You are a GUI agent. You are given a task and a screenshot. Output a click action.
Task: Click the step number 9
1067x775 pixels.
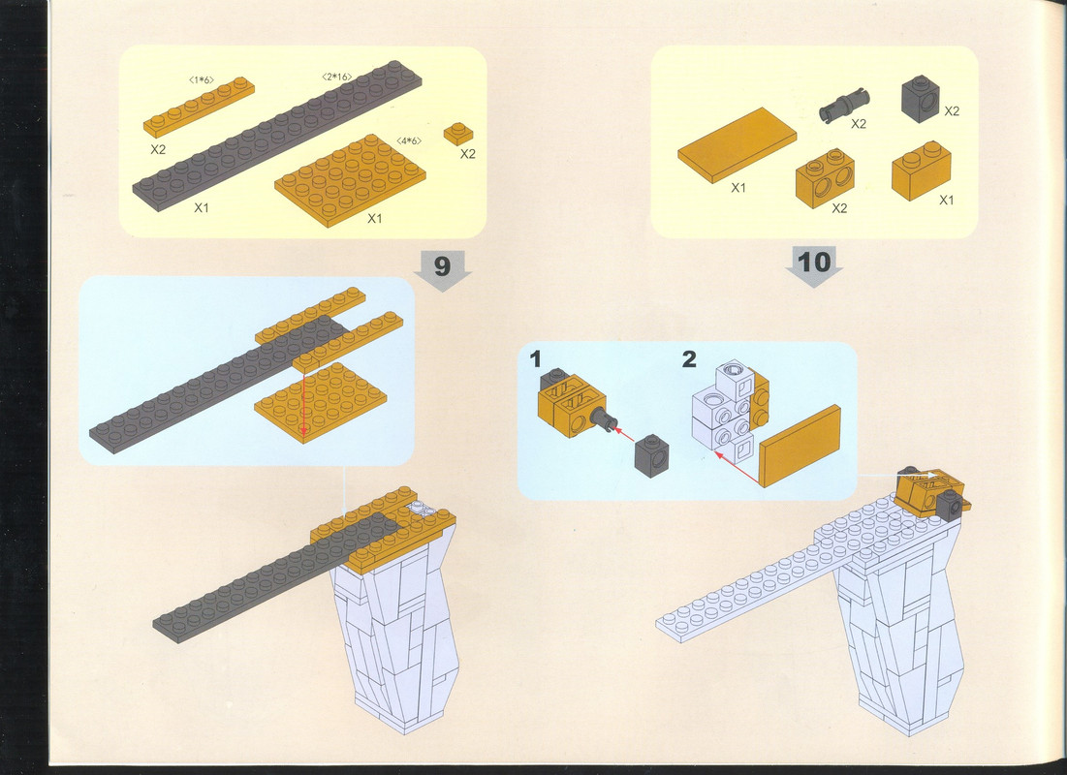pos(442,265)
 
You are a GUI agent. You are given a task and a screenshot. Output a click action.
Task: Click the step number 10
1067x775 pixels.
pos(814,262)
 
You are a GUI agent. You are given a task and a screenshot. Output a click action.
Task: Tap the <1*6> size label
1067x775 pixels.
pos(202,80)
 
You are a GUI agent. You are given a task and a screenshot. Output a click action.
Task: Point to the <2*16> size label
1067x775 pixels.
pos(337,77)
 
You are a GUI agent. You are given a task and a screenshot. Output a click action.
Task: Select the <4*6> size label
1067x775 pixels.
pos(409,140)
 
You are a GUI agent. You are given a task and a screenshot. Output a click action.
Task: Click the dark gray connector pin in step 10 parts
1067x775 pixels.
pos(844,106)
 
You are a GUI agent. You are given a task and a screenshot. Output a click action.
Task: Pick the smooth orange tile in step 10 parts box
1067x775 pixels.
pos(737,145)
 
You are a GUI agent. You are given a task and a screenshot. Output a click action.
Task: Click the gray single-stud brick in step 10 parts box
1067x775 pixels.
pos(921,99)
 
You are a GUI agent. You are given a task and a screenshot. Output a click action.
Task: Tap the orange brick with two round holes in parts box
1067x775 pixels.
pos(825,177)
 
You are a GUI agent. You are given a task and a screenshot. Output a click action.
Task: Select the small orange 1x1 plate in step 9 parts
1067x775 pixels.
pos(458,133)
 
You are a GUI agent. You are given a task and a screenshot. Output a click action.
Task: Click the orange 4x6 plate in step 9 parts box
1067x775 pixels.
pos(350,180)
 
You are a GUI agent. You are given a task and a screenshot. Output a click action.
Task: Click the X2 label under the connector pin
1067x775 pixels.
pos(859,124)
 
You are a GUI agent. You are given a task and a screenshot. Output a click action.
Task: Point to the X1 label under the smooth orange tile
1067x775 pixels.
pos(738,188)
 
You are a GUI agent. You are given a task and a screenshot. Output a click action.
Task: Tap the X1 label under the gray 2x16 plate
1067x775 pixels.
pos(201,207)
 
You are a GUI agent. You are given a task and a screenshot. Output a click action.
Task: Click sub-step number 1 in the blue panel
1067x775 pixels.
pos(536,358)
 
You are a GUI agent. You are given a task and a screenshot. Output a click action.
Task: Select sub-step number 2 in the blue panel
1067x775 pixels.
pos(689,358)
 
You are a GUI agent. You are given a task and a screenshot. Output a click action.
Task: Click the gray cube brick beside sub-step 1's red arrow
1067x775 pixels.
pos(651,455)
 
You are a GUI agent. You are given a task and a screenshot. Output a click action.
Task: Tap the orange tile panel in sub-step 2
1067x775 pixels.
pos(800,447)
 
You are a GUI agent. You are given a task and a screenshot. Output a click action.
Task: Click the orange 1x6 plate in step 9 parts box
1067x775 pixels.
pos(199,107)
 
